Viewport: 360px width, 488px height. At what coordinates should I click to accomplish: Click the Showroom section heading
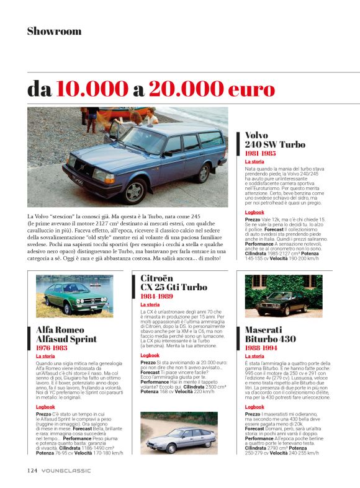click(54, 31)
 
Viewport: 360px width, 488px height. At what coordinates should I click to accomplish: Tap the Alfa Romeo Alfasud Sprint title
click(66, 335)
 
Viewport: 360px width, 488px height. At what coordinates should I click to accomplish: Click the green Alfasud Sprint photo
click(74, 296)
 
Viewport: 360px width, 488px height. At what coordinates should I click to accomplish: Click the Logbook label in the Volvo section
click(254, 212)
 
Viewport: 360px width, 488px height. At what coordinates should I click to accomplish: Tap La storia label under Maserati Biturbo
click(255, 357)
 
